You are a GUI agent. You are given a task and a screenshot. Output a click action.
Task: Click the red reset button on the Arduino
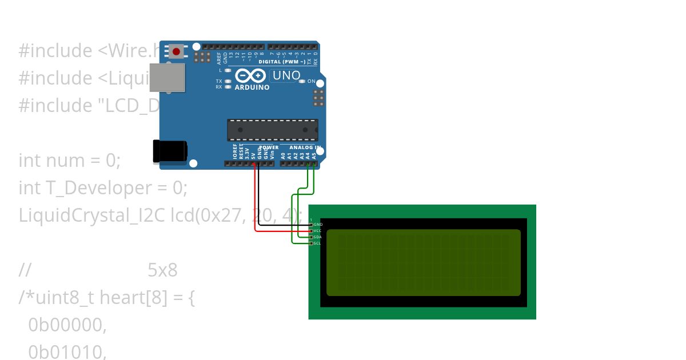click(176, 51)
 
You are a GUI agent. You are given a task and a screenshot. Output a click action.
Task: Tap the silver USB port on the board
click(167, 77)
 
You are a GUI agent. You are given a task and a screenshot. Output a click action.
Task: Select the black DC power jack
click(169, 151)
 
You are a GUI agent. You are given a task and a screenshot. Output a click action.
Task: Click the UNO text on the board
click(286, 75)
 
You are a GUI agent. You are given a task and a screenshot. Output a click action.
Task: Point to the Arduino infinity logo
click(250, 76)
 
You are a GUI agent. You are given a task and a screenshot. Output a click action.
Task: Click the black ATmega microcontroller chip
click(273, 130)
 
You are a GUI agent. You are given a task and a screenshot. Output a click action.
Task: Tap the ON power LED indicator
click(302, 81)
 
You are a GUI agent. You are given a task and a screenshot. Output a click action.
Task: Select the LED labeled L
click(228, 70)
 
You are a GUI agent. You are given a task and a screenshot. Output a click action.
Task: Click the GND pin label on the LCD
click(318, 225)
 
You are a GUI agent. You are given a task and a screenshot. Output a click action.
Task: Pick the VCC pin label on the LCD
click(318, 231)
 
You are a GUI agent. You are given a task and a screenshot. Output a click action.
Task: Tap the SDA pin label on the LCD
click(318, 237)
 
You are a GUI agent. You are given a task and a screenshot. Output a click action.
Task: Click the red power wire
click(254, 200)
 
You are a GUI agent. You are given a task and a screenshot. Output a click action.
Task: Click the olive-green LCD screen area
click(423, 262)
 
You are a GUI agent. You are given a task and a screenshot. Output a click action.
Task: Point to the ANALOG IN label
click(301, 147)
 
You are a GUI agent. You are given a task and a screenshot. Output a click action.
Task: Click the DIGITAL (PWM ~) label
click(281, 61)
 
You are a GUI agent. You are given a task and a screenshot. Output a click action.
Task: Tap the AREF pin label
click(219, 57)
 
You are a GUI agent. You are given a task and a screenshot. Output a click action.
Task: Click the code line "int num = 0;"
click(70, 161)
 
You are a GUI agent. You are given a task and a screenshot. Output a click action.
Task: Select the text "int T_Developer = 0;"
click(103, 188)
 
